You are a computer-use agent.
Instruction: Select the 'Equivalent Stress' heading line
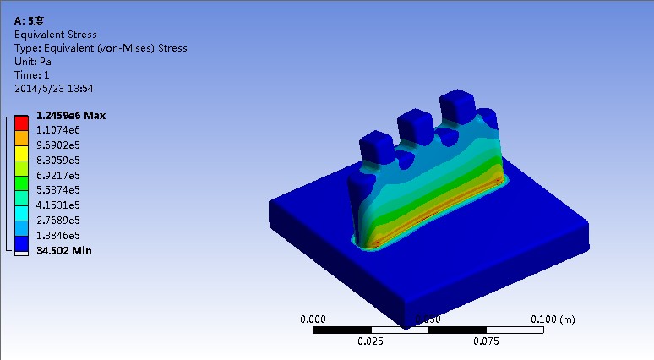[56, 35]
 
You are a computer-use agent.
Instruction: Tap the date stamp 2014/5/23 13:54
[54, 88]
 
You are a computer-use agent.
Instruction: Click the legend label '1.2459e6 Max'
[70, 115]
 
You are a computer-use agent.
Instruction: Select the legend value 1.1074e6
[57, 130]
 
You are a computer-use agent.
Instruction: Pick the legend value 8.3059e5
[57, 160]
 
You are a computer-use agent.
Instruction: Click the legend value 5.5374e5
[57, 190]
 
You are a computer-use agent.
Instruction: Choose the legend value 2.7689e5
[57, 220]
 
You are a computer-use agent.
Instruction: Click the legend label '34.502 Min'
[63, 250]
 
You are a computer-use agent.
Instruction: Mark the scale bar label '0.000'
[313, 319]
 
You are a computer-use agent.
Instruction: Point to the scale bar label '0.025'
[371, 341]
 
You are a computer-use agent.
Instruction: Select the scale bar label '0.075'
[485, 341]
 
